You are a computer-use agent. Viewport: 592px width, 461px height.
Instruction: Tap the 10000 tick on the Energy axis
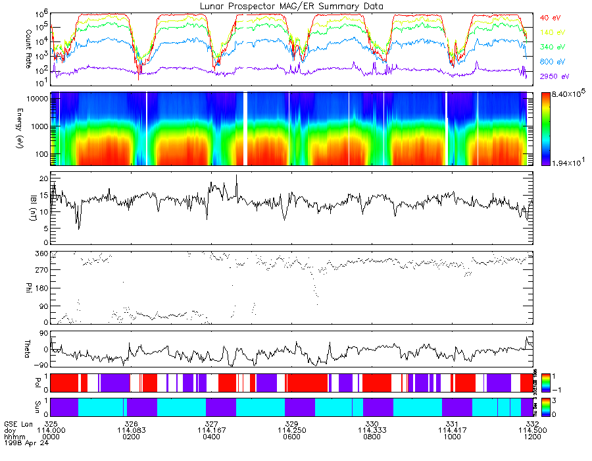click(36, 98)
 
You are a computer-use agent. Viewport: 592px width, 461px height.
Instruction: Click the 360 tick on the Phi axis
click(41, 254)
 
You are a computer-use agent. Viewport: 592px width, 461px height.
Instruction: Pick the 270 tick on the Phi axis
click(41, 271)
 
